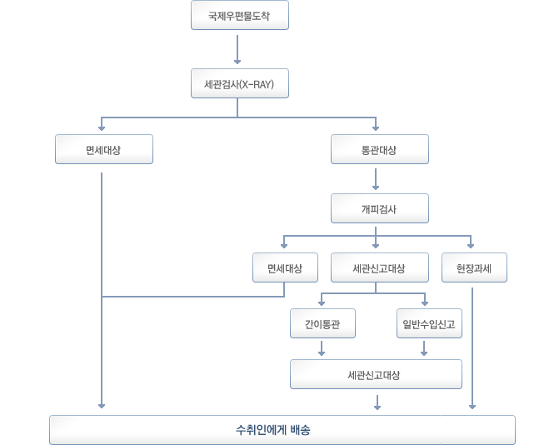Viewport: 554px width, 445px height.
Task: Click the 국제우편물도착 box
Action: [x=239, y=16]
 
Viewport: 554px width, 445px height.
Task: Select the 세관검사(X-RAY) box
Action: [x=239, y=83]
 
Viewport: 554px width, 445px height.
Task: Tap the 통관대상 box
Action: [x=379, y=150]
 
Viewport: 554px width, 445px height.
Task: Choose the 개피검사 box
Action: [x=379, y=208]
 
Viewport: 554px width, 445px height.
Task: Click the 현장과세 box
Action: [x=473, y=267]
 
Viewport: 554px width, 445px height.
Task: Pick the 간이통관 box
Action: [x=322, y=323]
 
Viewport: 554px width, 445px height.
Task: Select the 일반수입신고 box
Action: [x=428, y=323]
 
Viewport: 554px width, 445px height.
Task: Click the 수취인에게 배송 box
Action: [x=282, y=430]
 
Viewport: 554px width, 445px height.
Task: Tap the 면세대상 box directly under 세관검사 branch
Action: [x=103, y=150]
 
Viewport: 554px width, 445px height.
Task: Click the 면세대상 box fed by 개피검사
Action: [x=285, y=267]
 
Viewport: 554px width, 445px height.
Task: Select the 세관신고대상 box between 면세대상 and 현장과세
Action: [x=379, y=267]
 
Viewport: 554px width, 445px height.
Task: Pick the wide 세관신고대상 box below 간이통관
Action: [x=376, y=375]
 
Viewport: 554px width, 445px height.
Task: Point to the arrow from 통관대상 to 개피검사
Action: [x=377, y=180]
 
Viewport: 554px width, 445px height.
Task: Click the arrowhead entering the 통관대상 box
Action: [x=377, y=128]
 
